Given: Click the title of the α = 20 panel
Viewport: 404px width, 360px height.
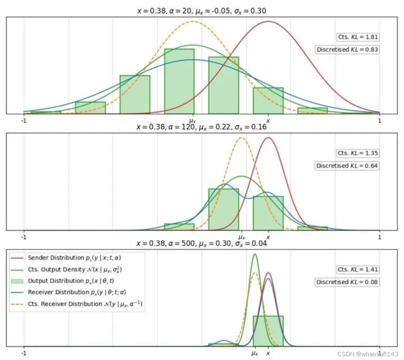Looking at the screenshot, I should coord(201,11).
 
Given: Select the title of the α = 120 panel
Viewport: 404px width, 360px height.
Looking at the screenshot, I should coord(201,127).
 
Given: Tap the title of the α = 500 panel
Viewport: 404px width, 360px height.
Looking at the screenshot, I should coord(201,243).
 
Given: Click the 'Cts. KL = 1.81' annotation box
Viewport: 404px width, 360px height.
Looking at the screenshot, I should coord(358,37).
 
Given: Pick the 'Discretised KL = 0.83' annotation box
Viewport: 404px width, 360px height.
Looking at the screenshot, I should coord(347,49).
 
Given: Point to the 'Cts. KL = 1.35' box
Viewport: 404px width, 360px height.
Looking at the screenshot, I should coord(358,153).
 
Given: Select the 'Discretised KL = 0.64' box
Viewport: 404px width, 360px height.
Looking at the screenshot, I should coord(347,166).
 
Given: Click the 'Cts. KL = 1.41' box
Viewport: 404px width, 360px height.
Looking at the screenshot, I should coord(358,270).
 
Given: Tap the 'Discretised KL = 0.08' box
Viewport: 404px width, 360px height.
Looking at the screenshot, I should coord(347,282).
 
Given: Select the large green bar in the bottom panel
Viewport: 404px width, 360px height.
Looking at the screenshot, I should coord(268,331).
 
